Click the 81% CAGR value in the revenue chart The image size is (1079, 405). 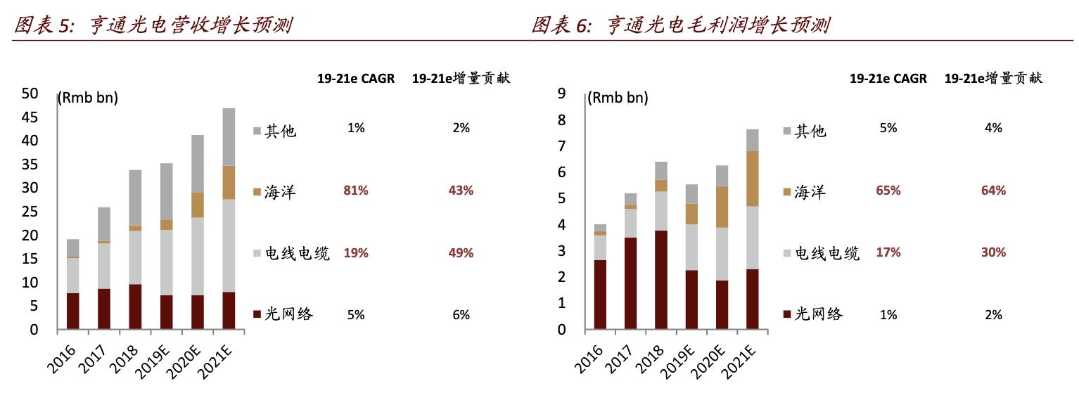[x=356, y=191]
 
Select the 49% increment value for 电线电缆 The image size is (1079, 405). [x=461, y=253]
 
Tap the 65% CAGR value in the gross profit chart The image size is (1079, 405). [x=888, y=191]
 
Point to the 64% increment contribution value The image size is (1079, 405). [x=993, y=191]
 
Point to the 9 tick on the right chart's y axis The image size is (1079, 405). [x=561, y=94]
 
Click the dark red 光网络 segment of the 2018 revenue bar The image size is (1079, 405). [x=136, y=307]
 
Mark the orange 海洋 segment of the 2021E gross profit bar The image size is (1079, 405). [x=753, y=179]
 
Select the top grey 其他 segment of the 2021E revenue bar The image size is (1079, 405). [x=229, y=136]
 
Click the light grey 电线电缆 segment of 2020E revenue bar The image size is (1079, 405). [x=198, y=256]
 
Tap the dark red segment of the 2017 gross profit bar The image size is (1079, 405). [x=630, y=283]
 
